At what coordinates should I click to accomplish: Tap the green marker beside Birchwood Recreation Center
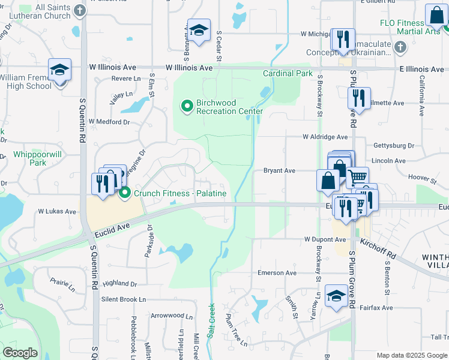(187, 107)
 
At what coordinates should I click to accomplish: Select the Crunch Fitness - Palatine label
(179, 193)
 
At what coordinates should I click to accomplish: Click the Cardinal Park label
(288, 74)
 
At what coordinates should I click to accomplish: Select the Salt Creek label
(211, 320)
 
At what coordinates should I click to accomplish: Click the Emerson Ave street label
(277, 272)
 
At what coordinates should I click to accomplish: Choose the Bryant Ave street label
(280, 171)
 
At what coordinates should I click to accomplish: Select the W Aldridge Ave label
(325, 137)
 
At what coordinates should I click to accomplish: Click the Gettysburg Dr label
(394, 146)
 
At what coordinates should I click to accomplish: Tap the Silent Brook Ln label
(124, 299)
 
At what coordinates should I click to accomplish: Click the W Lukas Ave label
(58, 212)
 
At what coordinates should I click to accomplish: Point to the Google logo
(20, 352)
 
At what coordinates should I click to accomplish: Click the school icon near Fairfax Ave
(336, 296)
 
